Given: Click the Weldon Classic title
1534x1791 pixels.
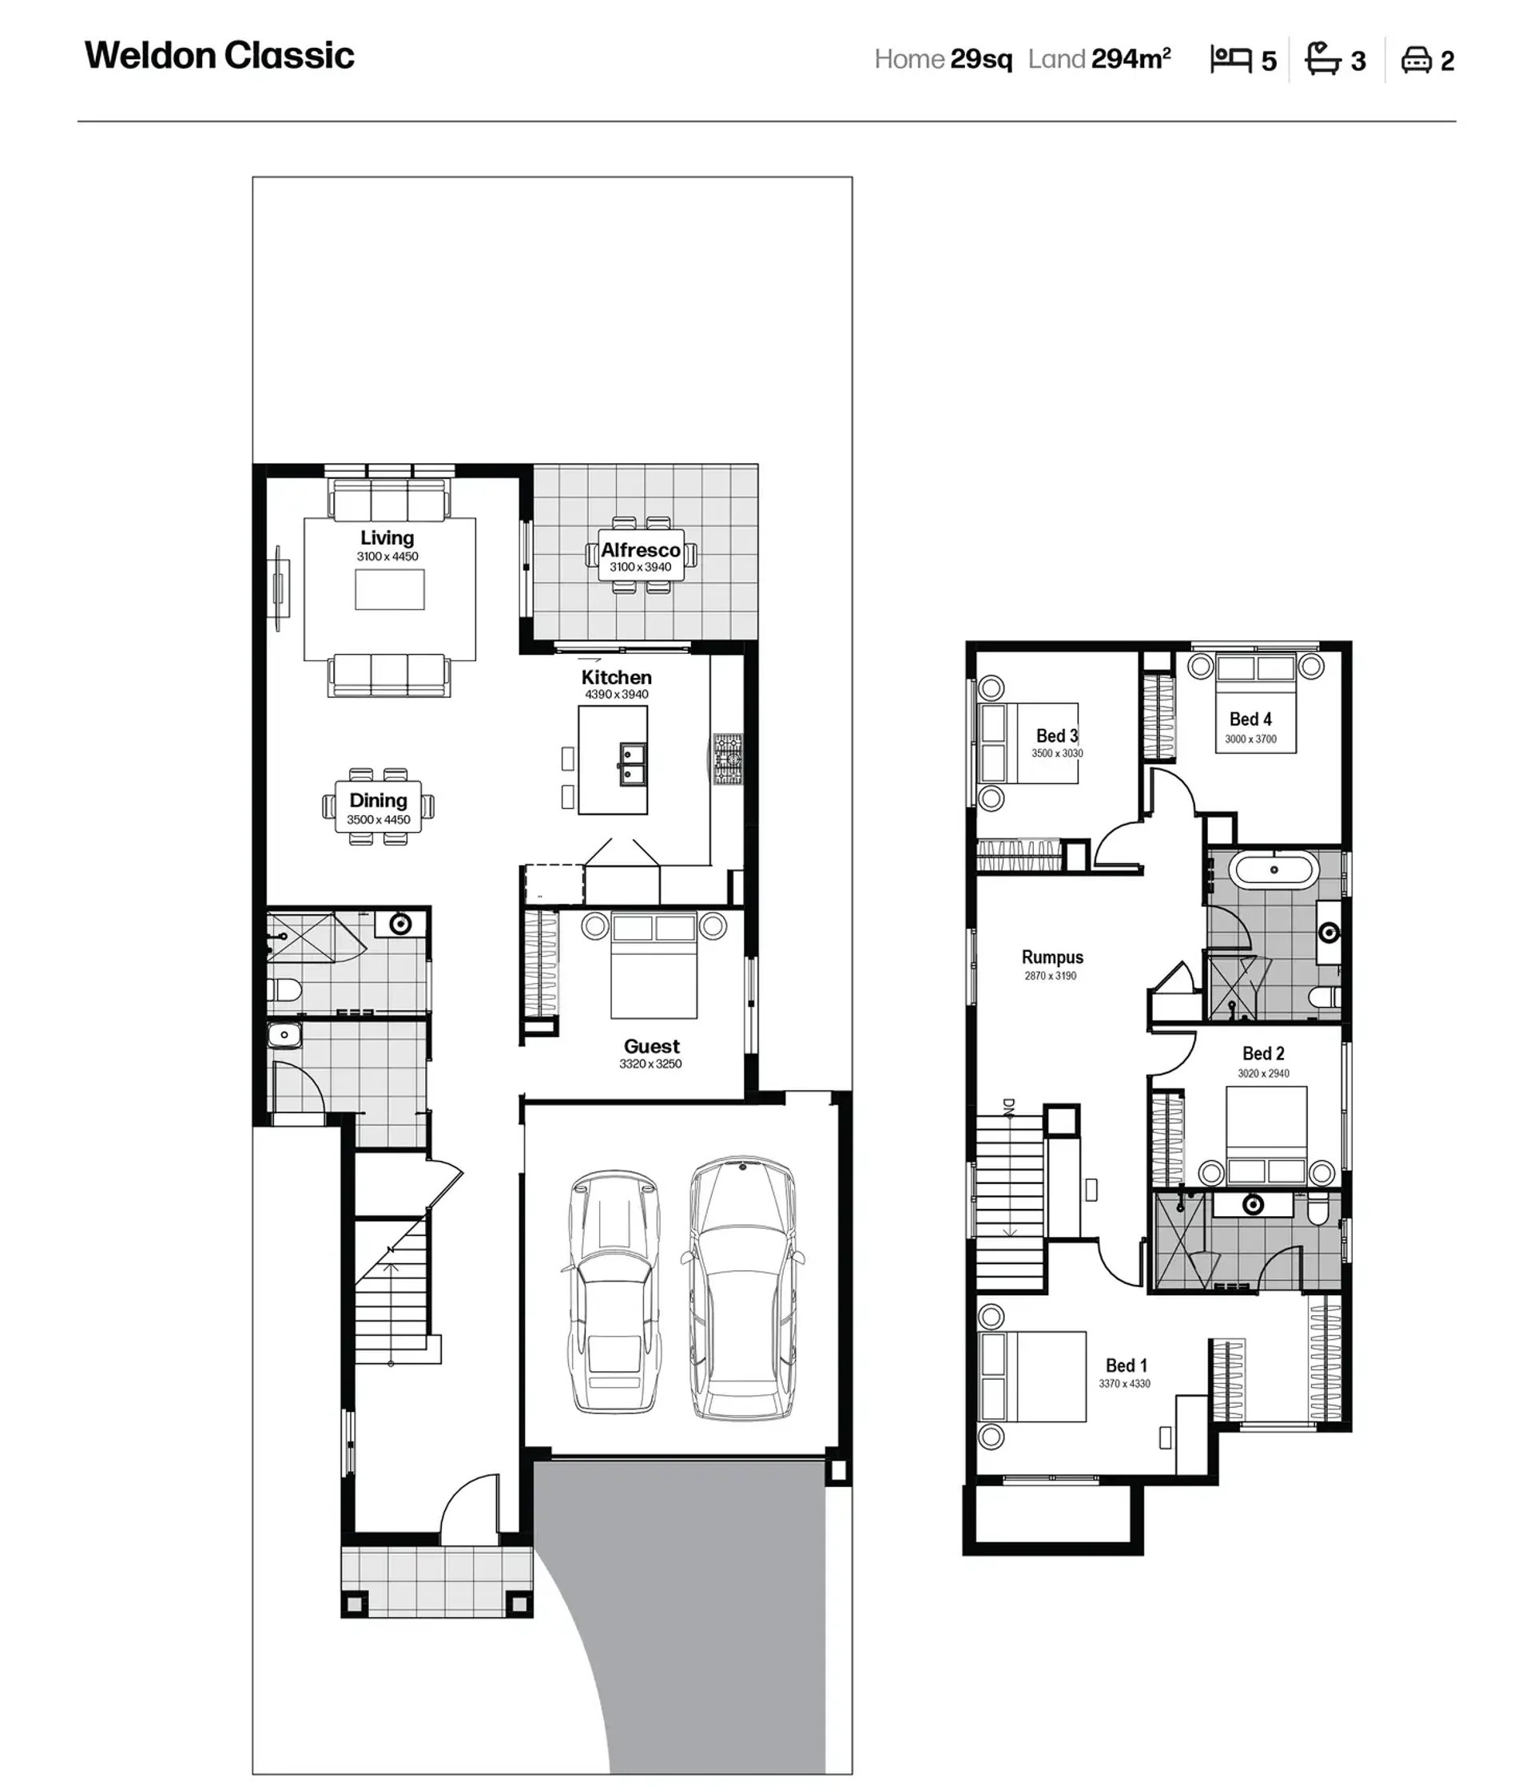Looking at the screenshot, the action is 220,56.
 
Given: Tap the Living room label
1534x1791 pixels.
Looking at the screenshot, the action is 387,537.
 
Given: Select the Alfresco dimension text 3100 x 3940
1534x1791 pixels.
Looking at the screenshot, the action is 641,567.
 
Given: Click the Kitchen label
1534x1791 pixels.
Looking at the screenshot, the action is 617,677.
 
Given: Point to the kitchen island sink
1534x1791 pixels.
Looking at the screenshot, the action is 632,763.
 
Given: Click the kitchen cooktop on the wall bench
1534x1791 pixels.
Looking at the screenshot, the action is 728,759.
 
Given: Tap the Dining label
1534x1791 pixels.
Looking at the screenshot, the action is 379,800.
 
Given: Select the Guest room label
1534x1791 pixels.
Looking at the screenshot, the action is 652,1046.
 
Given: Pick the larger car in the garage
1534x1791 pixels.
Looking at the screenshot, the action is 743,1288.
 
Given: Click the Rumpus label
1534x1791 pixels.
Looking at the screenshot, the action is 1052,957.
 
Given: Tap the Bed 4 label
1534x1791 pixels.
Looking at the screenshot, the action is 1250,719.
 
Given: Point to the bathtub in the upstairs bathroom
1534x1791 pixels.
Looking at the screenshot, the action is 1274,870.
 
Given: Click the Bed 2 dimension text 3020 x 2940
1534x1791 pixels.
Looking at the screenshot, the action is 1263,1074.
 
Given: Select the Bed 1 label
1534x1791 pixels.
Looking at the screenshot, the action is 1127,1365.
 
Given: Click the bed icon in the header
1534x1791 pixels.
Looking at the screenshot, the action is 1231,59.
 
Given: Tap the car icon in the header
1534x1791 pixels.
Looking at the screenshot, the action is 1417,60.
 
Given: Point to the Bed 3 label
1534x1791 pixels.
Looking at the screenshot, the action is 1057,735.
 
